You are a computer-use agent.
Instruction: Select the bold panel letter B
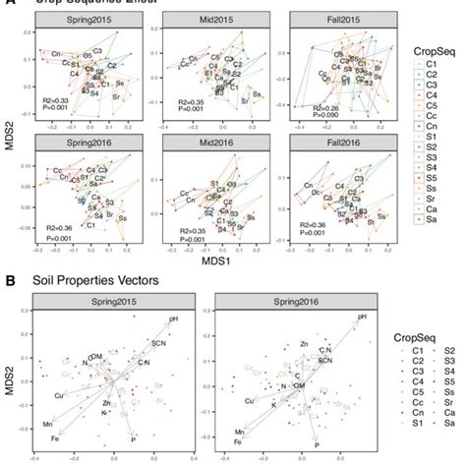tap(11, 280)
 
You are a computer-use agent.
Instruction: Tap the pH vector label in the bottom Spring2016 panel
tap(363, 317)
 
